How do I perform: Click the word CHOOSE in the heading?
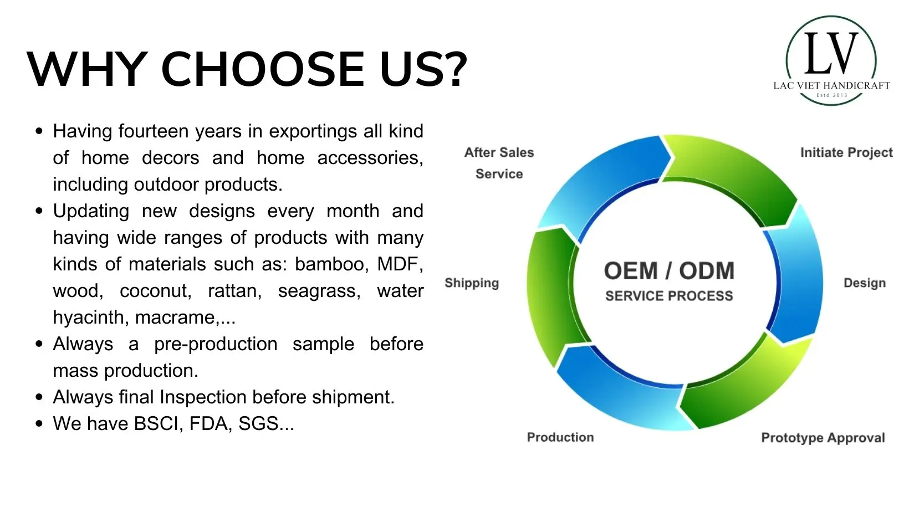(x=263, y=69)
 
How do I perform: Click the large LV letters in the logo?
(x=831, y=53)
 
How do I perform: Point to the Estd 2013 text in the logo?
(x=832, y=95)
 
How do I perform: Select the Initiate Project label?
(x=846, y=152)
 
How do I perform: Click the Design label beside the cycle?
(x=865, y=283)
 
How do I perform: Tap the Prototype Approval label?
(x=823, y=438)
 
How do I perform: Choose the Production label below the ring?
(x=560, y=437)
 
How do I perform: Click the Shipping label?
(x=472, y=283)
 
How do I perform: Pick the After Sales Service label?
(x=499, y=163)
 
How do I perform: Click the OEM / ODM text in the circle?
(x=669, y=270)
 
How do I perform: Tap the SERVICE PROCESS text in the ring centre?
(x=669, y=296)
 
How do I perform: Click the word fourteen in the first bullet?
(x=154, y=131)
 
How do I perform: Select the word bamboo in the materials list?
(x=332, y=264)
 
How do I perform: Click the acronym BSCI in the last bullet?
(x=156, y=423)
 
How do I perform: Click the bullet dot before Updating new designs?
(x=39, y=211)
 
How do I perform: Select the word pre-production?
(x=216, y=344)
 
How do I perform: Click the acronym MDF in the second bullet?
(x=400, y=264)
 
